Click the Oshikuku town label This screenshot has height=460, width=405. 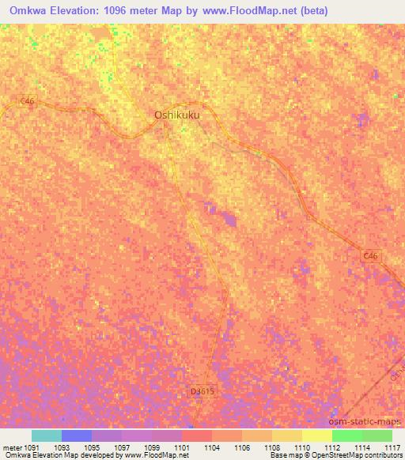point(176,115)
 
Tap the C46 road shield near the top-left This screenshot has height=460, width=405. point(28,101)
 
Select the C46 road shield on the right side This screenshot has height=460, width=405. point(371,255)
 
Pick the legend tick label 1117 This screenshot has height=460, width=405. point(393,447)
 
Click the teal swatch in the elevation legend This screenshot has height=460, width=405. point(46,435)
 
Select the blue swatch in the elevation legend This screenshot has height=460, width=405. point(76,435)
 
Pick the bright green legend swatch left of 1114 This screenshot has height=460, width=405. point(346,435)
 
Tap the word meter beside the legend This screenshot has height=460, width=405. point(13,447)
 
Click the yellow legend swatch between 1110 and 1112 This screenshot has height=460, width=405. point(316,435)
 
